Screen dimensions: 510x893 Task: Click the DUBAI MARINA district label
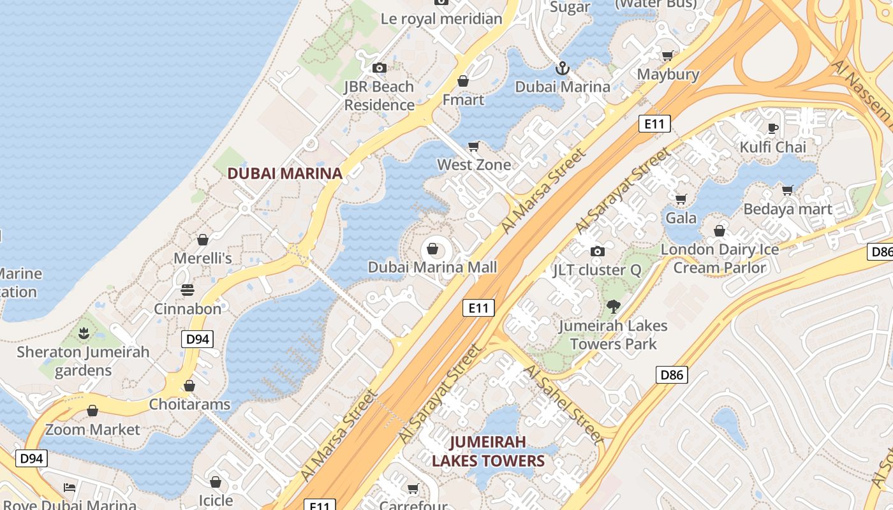[x=285, y=173]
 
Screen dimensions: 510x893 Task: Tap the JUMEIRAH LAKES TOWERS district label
[x=488, y=451]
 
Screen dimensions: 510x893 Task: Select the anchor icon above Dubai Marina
[x=563, y=68]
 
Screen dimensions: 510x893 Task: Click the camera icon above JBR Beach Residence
[x=380, y=68]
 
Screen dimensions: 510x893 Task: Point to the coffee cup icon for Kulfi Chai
[x=773, y=128]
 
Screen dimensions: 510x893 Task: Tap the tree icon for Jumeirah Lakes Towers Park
[x=613, y=307]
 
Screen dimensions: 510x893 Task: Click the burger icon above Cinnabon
[x=188, y=290]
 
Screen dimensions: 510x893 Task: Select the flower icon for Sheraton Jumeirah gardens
[x=83, y=333]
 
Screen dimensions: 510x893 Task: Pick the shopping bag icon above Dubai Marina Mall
[x=432, y=248]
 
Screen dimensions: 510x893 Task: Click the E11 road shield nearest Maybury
[x=654, y=124]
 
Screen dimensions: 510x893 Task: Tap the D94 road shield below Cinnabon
[x=198, y=339]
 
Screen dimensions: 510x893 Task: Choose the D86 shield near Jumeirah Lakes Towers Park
[x=672, y=375]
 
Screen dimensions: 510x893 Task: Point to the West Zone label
[x=474, y=164]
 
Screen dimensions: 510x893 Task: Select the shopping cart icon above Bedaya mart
[x=788, y=190]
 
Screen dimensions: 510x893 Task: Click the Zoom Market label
[x=92, y=430]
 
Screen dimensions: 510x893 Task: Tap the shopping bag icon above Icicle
[x=216, y=481]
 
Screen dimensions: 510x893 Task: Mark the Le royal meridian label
[x=441, y=18]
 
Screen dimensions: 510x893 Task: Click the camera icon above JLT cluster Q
[x=597, y=251]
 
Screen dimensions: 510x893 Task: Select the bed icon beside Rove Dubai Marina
[x=70, y=488]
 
